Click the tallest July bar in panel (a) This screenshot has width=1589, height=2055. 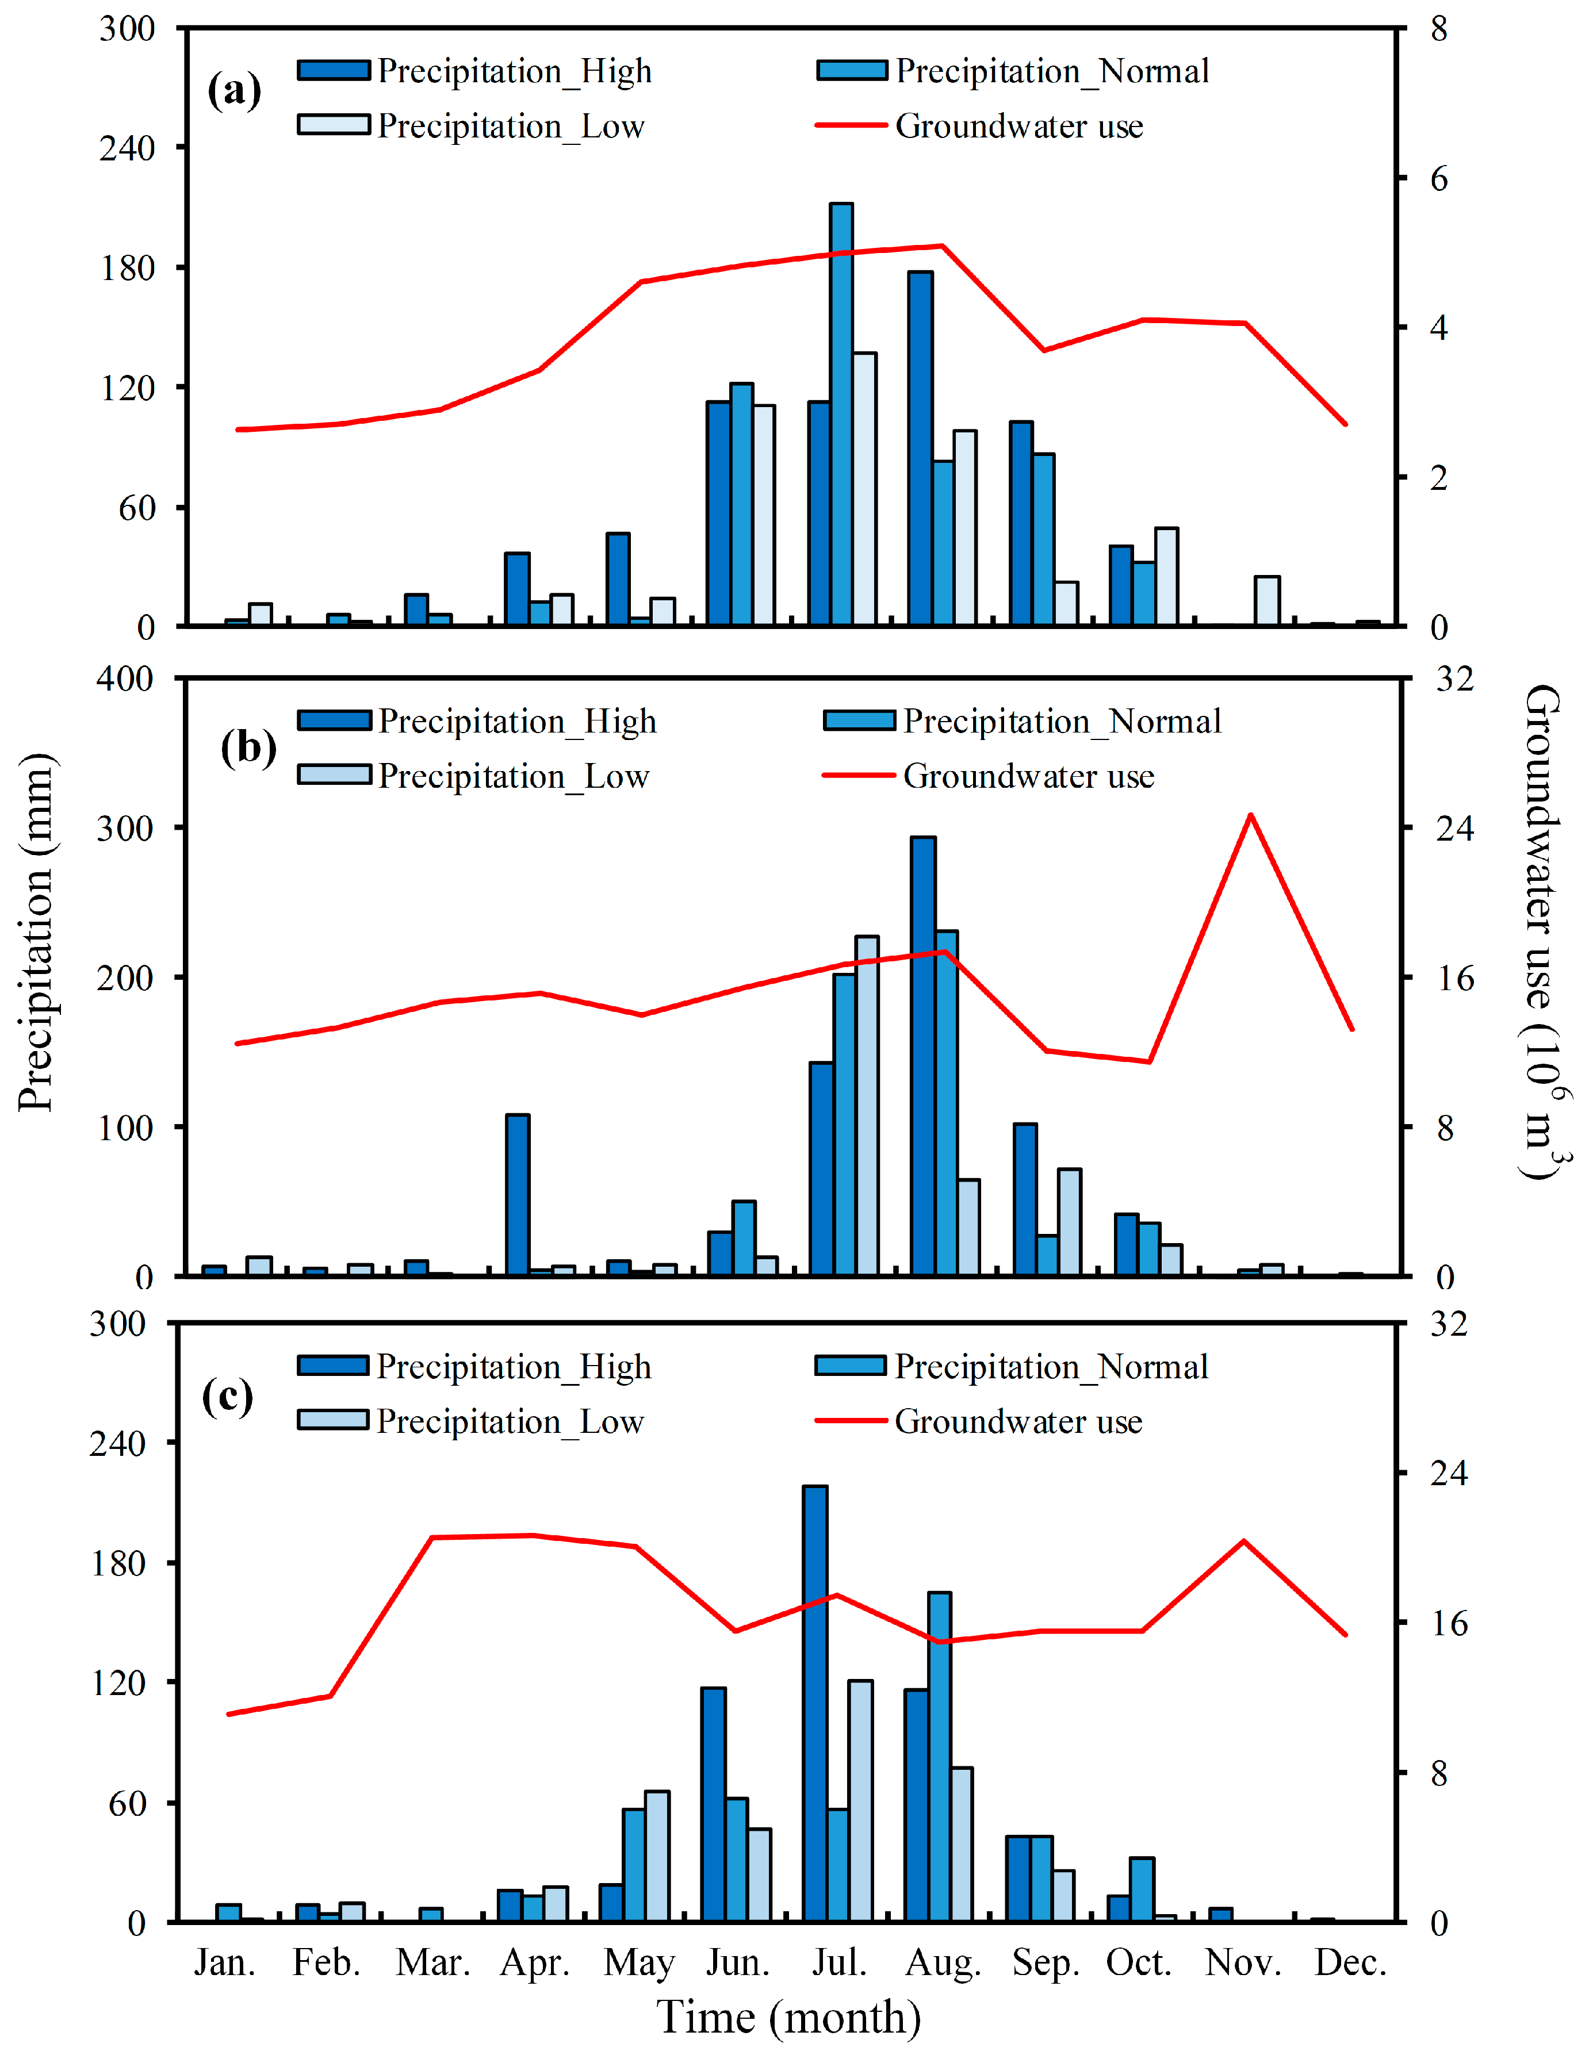[x=841, y=414]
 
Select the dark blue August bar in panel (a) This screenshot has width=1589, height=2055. [x=921, y=448]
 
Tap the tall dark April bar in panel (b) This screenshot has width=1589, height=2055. [x=518, y=1195]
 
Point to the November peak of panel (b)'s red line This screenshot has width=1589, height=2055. [x=1250, y=815]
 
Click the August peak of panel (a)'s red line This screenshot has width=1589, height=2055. [x=942, y=247]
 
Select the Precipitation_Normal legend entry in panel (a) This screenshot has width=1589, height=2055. [x=1013, y=71]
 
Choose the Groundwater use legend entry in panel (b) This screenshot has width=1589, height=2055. [x=989, y=776]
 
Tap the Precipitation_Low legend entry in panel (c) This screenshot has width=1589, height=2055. [x=470, y=1421]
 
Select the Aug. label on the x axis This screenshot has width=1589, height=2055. [x=943, y=1964]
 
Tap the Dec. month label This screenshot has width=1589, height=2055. [x=1351, y=1963]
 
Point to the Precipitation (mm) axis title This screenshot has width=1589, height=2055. [x=36, y=931]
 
